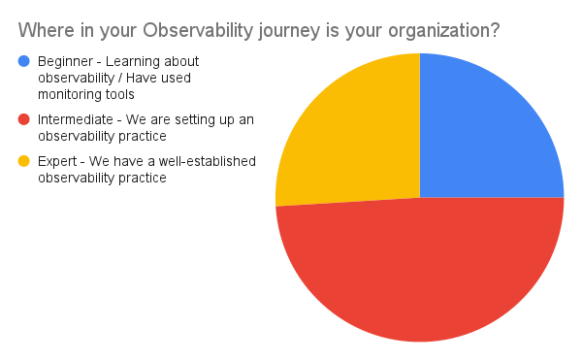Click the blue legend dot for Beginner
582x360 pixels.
click(x=24, y=61)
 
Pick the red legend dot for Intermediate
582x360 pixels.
click(x=24, y=119)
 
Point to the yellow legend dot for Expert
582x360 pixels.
click(x=24, y=161)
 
